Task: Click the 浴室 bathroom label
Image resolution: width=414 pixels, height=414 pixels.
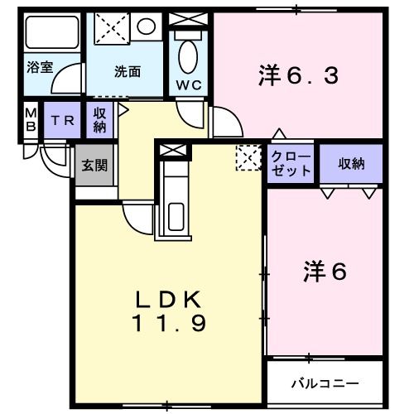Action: point(40,68)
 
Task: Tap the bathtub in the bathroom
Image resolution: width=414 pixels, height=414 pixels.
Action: point(51,35)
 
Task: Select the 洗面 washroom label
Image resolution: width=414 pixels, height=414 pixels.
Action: point(127,71)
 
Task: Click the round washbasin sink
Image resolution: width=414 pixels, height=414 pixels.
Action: point(147,26)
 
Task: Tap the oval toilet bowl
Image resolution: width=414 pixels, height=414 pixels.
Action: point(188,56)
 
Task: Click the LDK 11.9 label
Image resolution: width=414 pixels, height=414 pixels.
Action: point(169,310)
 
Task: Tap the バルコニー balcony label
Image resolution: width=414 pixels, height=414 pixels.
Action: point(325,383)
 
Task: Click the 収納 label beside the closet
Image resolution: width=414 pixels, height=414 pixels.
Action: point(351,164)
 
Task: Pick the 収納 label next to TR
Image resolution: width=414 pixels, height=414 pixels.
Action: point(99,119)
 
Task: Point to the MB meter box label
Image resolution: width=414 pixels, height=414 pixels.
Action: point(30,121)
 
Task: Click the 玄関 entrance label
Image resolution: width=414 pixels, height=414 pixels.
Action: point(94,164)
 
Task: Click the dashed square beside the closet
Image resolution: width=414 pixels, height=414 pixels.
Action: point(248,156)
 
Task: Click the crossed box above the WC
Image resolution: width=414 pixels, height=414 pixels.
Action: point(188,19)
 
